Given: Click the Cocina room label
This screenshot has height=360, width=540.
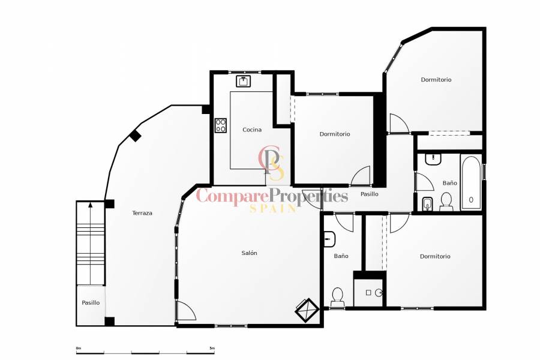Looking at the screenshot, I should coord(252,130).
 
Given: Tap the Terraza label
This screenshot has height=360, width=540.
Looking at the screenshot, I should coord(142,213).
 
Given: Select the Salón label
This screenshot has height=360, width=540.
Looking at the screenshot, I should coord(249,253).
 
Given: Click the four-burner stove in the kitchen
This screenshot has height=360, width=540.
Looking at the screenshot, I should coord(221,125).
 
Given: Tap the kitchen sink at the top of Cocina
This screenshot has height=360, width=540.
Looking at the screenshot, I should coord(244,81).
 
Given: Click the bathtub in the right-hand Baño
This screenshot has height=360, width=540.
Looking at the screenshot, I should coord(471,182).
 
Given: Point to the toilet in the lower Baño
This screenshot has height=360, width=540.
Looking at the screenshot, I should coord(337,296).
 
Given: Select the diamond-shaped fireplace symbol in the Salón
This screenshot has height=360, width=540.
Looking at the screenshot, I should coord(307,310).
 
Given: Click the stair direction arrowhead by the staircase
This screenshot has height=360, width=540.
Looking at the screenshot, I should coord(91,205).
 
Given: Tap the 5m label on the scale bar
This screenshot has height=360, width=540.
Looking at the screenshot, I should coord(212,348).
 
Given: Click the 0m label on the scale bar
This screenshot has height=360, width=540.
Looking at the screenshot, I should coord(78,348).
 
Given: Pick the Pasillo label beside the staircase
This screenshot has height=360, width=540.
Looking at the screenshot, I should coord(91,303).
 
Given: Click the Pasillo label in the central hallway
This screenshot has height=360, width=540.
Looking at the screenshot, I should coord(369,194).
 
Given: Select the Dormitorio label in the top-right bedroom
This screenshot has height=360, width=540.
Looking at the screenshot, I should coord(436,79).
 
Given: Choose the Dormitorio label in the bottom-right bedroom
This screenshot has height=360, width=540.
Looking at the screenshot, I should coord(435,256).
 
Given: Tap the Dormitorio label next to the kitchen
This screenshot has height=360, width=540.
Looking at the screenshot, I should coord(335,134).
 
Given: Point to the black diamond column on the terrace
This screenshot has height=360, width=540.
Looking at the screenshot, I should coord(136,136).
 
